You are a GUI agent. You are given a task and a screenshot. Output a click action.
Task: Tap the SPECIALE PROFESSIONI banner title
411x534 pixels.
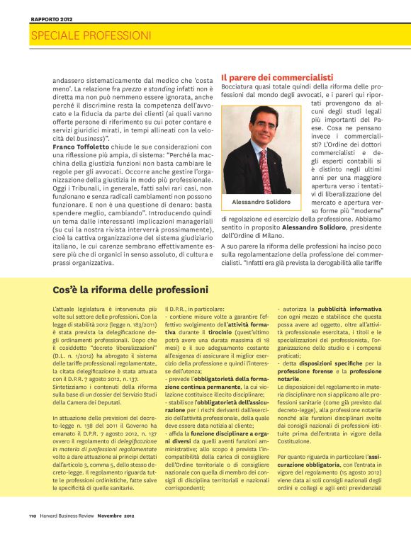[91, 35]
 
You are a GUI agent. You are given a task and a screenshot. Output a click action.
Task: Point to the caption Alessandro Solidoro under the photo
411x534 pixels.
[261, 203]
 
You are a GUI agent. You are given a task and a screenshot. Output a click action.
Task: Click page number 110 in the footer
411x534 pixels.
[33, 515]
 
